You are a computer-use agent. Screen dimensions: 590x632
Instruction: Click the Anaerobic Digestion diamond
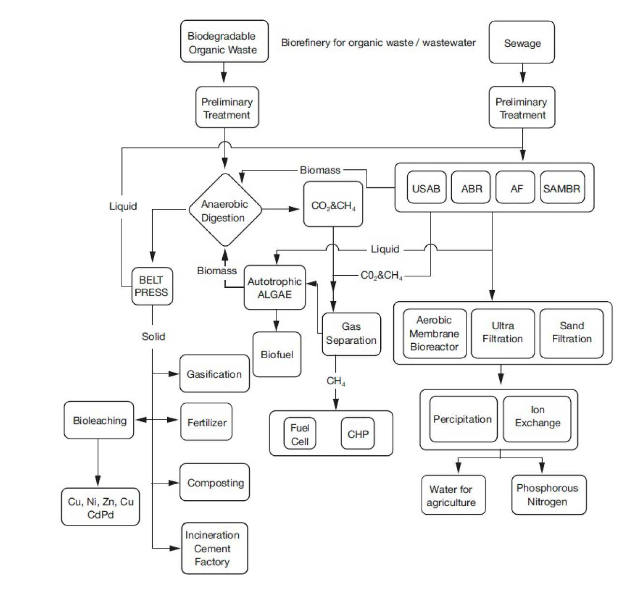click(225, 211)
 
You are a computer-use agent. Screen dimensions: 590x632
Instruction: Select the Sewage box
click(522, 42)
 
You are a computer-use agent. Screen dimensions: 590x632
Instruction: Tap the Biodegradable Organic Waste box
click(224, 42)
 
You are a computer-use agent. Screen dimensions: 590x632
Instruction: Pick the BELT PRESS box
click(152, 286)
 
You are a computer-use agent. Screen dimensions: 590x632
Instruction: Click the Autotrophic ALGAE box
click(274, 288)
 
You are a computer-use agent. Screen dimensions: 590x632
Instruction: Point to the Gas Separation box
click(351, 334)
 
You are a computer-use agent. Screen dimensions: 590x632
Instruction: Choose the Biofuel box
click(277, 354)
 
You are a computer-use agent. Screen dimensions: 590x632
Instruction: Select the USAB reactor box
click(426, 188)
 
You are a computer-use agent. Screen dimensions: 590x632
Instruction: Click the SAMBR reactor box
click(562, 188)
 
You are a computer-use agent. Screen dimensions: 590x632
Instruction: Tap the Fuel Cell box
click(300, 434)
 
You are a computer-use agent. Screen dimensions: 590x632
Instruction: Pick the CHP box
click(358, 434)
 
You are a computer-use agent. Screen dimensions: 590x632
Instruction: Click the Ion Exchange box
click(537, 418)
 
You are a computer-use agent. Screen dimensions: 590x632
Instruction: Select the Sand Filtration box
click(572, 333)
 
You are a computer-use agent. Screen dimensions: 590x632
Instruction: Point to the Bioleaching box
click(99, 420)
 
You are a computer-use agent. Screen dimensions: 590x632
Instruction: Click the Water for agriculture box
click(453, 495)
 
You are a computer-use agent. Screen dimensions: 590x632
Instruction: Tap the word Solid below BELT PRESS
click(153, 337)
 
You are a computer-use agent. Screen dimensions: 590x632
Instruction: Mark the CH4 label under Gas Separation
click(336, 381)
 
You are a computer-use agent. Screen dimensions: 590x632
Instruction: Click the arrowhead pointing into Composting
click(174, 483)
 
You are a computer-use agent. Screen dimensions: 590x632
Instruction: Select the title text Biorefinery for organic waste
click(378, 42)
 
